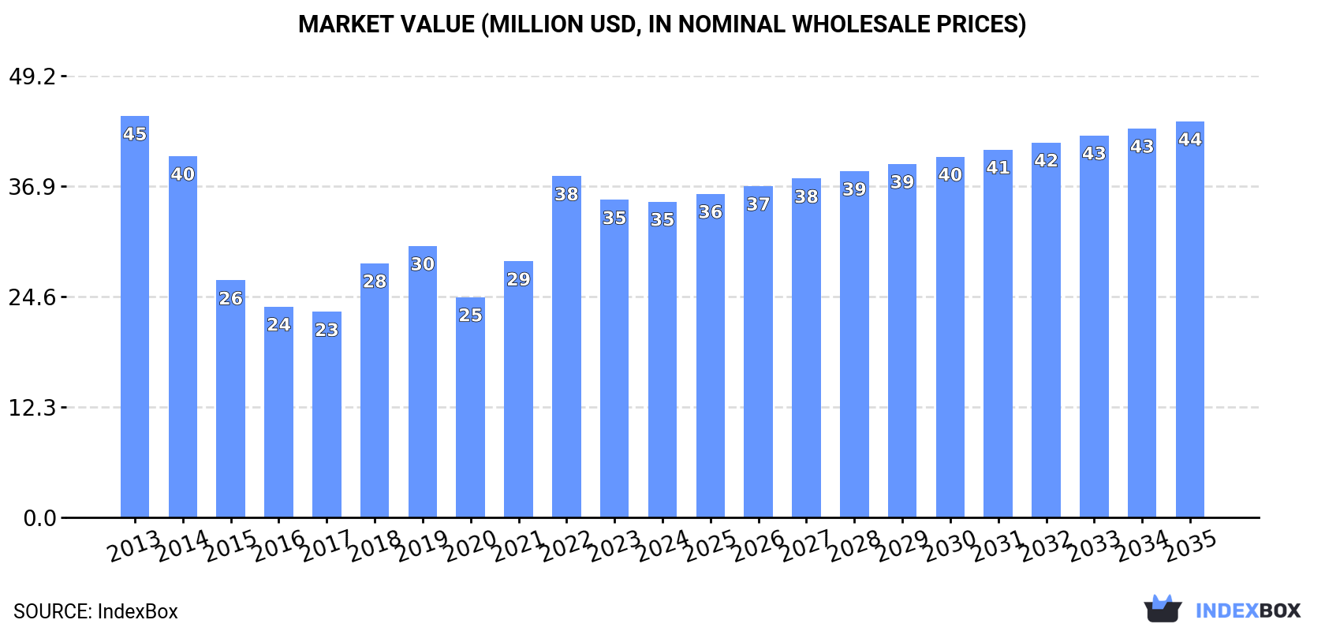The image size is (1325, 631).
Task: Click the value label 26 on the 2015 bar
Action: [230, 299]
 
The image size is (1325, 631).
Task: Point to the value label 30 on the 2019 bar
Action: [423, 264]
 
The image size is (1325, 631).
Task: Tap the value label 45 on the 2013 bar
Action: [135, 134]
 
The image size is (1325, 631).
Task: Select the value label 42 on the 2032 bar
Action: [1046, 161]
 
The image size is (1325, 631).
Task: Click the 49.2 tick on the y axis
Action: [32, 77]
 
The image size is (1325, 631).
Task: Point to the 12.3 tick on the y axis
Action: [32, 408]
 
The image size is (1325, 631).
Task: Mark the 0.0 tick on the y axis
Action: [39, 518]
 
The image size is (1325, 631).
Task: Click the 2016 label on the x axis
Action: [278, 545]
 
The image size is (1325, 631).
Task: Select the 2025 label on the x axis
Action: [710, 545]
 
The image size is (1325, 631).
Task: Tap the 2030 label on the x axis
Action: [950, 545]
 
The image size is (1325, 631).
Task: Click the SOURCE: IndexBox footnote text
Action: [95, 611]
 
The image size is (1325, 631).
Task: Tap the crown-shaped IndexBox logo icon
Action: [1163, 609]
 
